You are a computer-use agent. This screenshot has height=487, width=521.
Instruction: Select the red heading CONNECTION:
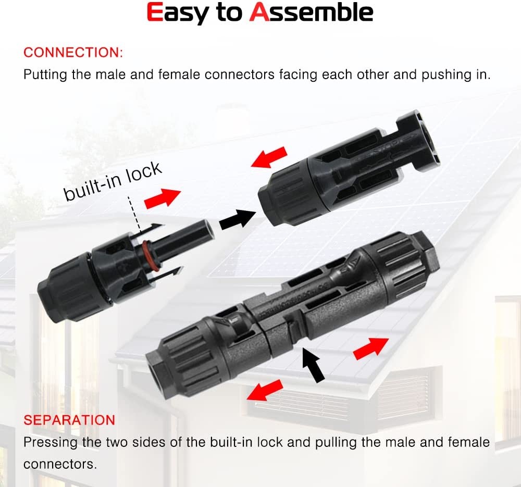tap(73, 53)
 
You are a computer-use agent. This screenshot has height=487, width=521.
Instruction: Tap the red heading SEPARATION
tap(69, 420)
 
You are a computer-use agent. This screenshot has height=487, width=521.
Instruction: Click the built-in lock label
tap(113, 181)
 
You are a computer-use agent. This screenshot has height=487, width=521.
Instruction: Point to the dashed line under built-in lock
tap(135, 214)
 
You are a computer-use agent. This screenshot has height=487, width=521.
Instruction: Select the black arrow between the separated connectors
tap(237, 218)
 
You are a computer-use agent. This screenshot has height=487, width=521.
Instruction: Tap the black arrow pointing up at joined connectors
tap(313, 365)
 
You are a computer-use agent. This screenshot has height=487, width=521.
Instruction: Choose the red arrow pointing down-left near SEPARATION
tap(265, 390)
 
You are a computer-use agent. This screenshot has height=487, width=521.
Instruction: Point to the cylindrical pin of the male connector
tap(186, 240)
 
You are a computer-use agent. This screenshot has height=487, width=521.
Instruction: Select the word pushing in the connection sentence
tap(447, 75)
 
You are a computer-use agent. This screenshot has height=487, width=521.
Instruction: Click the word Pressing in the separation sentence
tap(51, 443)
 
